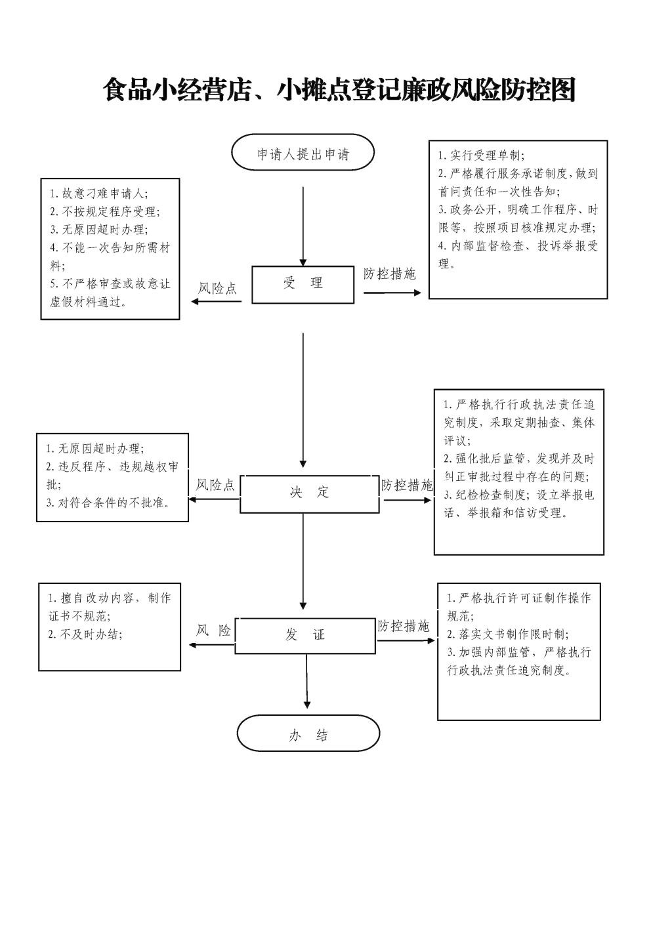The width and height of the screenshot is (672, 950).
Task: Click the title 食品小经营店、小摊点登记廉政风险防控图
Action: click(339, 89)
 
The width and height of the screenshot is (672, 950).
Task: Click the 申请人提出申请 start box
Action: click(303, 152)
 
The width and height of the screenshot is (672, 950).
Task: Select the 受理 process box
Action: click(303, 285)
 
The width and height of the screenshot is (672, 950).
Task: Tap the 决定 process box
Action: click(310, 493)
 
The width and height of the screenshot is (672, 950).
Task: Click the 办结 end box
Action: click(308, 735)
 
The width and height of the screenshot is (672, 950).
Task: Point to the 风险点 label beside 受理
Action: click(218, 289)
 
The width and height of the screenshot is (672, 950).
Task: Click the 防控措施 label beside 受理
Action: click(389, 274)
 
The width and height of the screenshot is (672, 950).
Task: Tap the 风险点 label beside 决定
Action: click(215, 485)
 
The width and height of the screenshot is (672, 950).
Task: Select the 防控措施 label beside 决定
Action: click(407, 485)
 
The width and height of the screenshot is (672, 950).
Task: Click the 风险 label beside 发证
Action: click(213, 630)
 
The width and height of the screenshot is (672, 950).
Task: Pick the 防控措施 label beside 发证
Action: click(404, 625)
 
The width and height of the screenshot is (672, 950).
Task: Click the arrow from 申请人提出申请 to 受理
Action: click(303, 226)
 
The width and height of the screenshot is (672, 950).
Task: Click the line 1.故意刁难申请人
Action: click(99, 194)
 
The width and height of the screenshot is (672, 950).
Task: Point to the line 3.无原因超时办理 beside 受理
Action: click(99, 230)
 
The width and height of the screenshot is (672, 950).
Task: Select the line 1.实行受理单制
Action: click(482, 155)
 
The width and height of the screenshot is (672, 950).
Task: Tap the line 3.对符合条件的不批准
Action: click(108, 503)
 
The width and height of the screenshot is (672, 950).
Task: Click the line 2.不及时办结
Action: click(85, 634)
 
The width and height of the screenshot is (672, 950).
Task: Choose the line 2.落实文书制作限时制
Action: click(508, 634)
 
